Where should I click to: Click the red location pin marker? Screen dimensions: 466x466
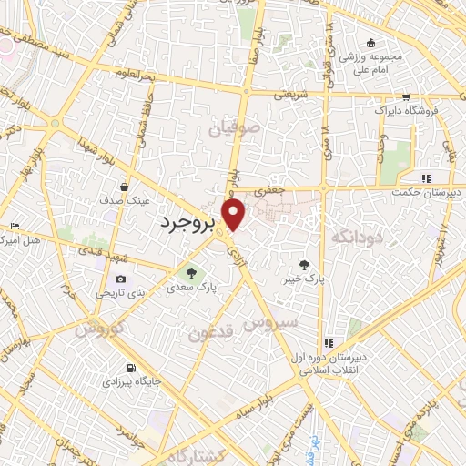coord(235,215)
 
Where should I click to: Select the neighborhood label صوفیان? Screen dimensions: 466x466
coord(235,128)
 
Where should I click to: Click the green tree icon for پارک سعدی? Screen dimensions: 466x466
coord(191,271)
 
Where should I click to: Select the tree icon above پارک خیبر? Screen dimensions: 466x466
coord(316,263)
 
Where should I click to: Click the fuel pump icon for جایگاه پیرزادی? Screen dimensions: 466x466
coord(133,368)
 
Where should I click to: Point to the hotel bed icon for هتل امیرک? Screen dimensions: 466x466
coord(15,226)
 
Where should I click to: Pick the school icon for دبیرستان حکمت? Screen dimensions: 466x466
coord(426,178)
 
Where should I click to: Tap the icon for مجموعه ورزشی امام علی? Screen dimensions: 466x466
coord(370,43)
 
